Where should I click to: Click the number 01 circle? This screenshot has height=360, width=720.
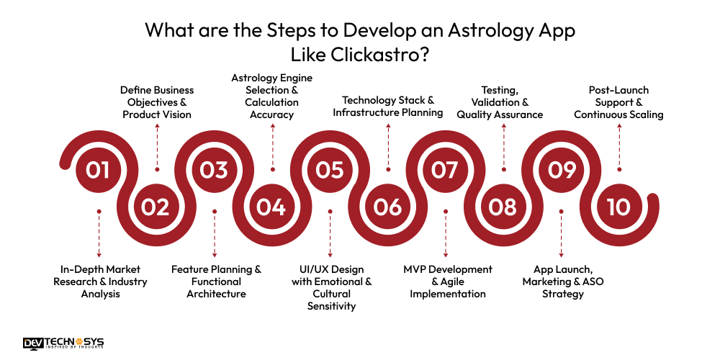click(x=98, y=169)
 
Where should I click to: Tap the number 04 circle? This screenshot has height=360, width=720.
click(x=271, y=207)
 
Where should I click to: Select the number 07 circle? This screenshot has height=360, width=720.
click(x=445, y=169)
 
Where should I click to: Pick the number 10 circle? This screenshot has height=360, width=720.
click(x=618, y=207)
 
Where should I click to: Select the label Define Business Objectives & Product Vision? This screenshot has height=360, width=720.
click(x=157, y=102)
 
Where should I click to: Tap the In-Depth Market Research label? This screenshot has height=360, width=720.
click(x=100, y=281)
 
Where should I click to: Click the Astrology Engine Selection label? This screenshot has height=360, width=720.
click(x=271, y=96)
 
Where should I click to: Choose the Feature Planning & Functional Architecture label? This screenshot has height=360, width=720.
click(x=216, y=281)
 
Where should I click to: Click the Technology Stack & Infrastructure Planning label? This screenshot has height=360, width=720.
click(x=388, y=106)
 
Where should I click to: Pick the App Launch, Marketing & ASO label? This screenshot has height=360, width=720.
click(x=563, y=281)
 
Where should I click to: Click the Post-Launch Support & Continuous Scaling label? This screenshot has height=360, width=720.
click(x=618, y=102)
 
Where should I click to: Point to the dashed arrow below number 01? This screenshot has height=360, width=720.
click(x=99, y=234)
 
